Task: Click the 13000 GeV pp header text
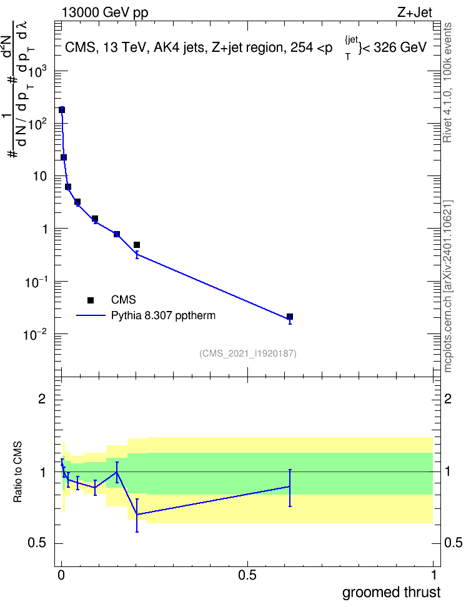point(105,12)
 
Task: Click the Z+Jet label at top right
point(415,12)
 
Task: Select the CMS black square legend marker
point(91,300)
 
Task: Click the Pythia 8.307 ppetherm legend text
point(163,315)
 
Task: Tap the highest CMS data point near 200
point(62,110)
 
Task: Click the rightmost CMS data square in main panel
point(290,317)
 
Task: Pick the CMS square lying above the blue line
point(137,245)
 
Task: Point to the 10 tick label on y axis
point(40,177)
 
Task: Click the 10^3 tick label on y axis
point(37,72)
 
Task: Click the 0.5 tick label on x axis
point(247,575)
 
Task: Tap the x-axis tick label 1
point(434,575)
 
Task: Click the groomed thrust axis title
point(391,593)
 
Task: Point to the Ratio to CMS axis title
point(17,472)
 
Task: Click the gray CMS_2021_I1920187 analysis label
point(248,353)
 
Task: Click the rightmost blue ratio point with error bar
point(290,486)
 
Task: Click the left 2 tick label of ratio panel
point(42,398)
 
